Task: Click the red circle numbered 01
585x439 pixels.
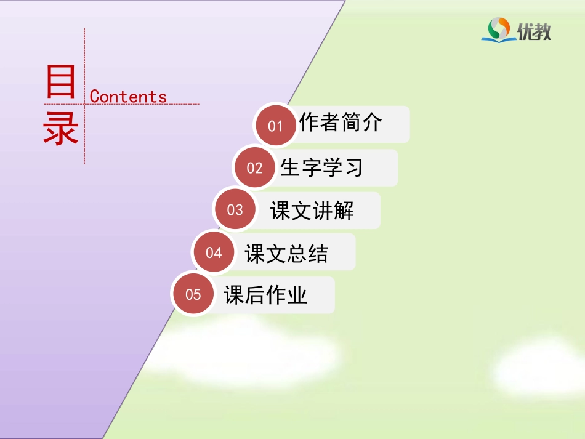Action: (275, 126)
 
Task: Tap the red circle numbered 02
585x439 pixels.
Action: (254, 168)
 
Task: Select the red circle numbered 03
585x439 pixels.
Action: (235, 210)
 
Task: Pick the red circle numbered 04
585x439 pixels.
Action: (214, 252)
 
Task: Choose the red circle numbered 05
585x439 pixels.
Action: (193, 294)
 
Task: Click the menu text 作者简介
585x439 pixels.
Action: (341, 123)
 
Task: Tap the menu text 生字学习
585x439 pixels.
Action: (321, 167)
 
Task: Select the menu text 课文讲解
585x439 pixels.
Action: (312, 211)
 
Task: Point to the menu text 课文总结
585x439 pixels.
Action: (286, 253)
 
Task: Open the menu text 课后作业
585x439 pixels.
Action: (265, 295)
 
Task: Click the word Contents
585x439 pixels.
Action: (128, 97)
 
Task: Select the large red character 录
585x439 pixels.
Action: (60, 130)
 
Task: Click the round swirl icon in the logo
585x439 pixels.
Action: (499, 28)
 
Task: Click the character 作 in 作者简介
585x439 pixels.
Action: (309, 123)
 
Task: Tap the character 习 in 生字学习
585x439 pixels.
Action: (353, 167)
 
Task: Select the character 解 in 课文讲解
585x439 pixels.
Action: (344, 211)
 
